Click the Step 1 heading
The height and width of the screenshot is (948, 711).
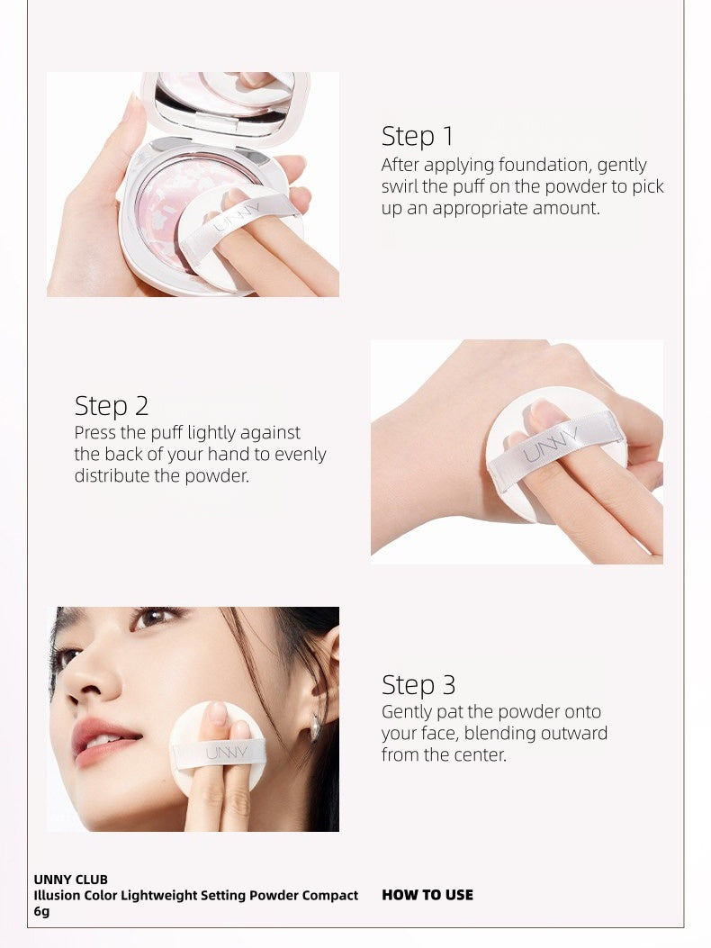tap(418, 137)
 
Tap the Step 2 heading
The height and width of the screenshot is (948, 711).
tap(112, 406)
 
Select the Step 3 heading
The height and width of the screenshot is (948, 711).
tap(418, 685)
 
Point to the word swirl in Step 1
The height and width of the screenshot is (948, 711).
tap(401, 186)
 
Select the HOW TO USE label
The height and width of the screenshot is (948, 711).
tap(427, 895)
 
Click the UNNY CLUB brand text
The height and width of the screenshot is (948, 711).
tap(71, 879)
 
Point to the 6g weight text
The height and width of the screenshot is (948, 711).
tap(42, 911)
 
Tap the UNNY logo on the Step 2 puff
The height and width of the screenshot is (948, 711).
tap(551, 447)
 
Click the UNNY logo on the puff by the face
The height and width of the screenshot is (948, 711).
tap(221, 752)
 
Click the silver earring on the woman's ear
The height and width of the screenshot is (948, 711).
tap(315, 727)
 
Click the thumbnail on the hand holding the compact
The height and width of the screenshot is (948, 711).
tap(134, 113)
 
